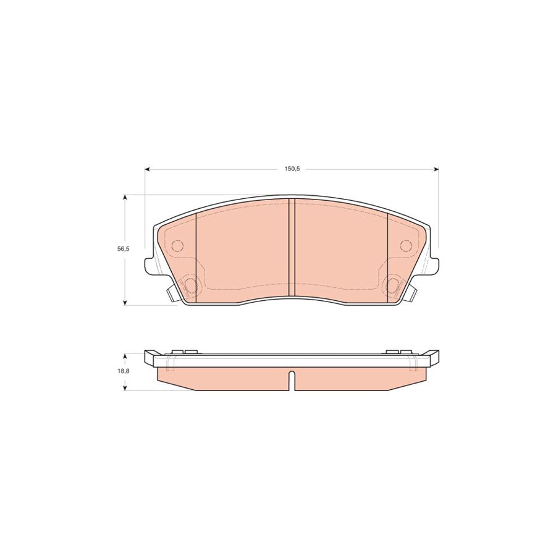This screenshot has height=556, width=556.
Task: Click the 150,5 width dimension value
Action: [291, 169]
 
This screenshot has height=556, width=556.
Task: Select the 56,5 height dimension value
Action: [124, 249]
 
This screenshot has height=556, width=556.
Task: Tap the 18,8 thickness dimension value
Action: [124, 371]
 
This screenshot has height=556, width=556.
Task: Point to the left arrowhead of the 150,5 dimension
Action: [147, 169]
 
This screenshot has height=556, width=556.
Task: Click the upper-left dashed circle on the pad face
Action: [177, 246]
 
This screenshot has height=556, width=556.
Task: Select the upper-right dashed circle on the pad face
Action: [406, 246]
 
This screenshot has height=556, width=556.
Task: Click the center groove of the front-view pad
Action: [292, 247]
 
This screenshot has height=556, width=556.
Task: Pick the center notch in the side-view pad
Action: [292, 378]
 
